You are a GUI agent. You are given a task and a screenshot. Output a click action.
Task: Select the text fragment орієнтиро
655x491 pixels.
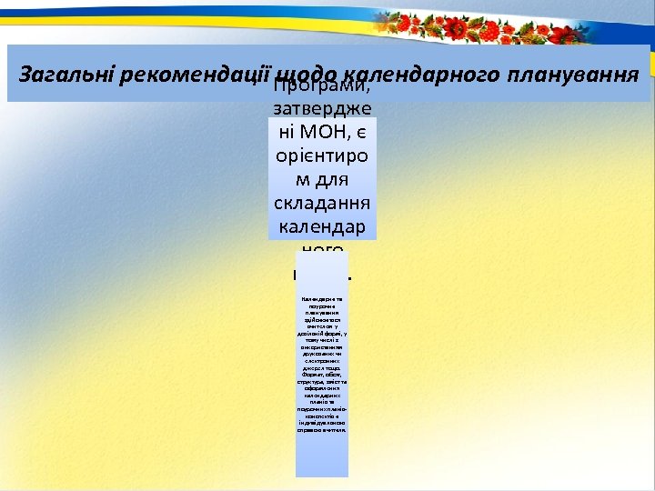coord(322,156)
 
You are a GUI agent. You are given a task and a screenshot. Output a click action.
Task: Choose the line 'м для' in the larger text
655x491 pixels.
coord(322,179)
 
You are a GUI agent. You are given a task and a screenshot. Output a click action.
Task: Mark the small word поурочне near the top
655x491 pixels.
coord(322,306)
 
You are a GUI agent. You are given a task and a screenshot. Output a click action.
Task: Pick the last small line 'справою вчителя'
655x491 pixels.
coord(322,428)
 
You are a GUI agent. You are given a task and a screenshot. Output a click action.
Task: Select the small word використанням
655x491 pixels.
coord(322,344)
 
